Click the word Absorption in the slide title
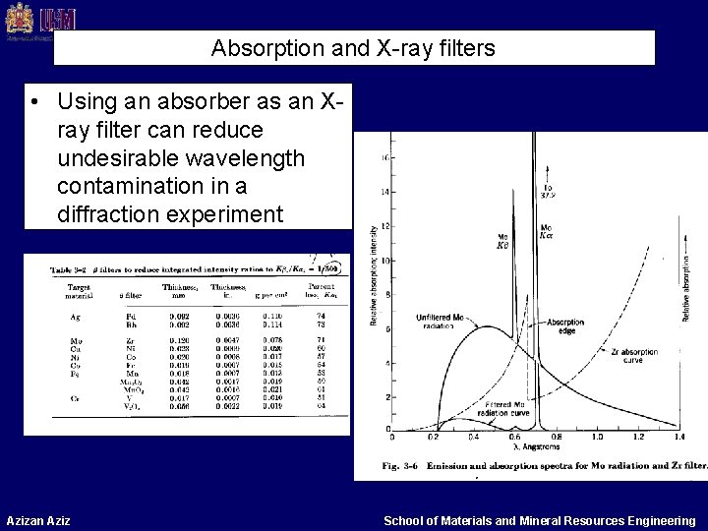(x=254, y=46)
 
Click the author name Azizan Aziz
(x=39, y=518)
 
